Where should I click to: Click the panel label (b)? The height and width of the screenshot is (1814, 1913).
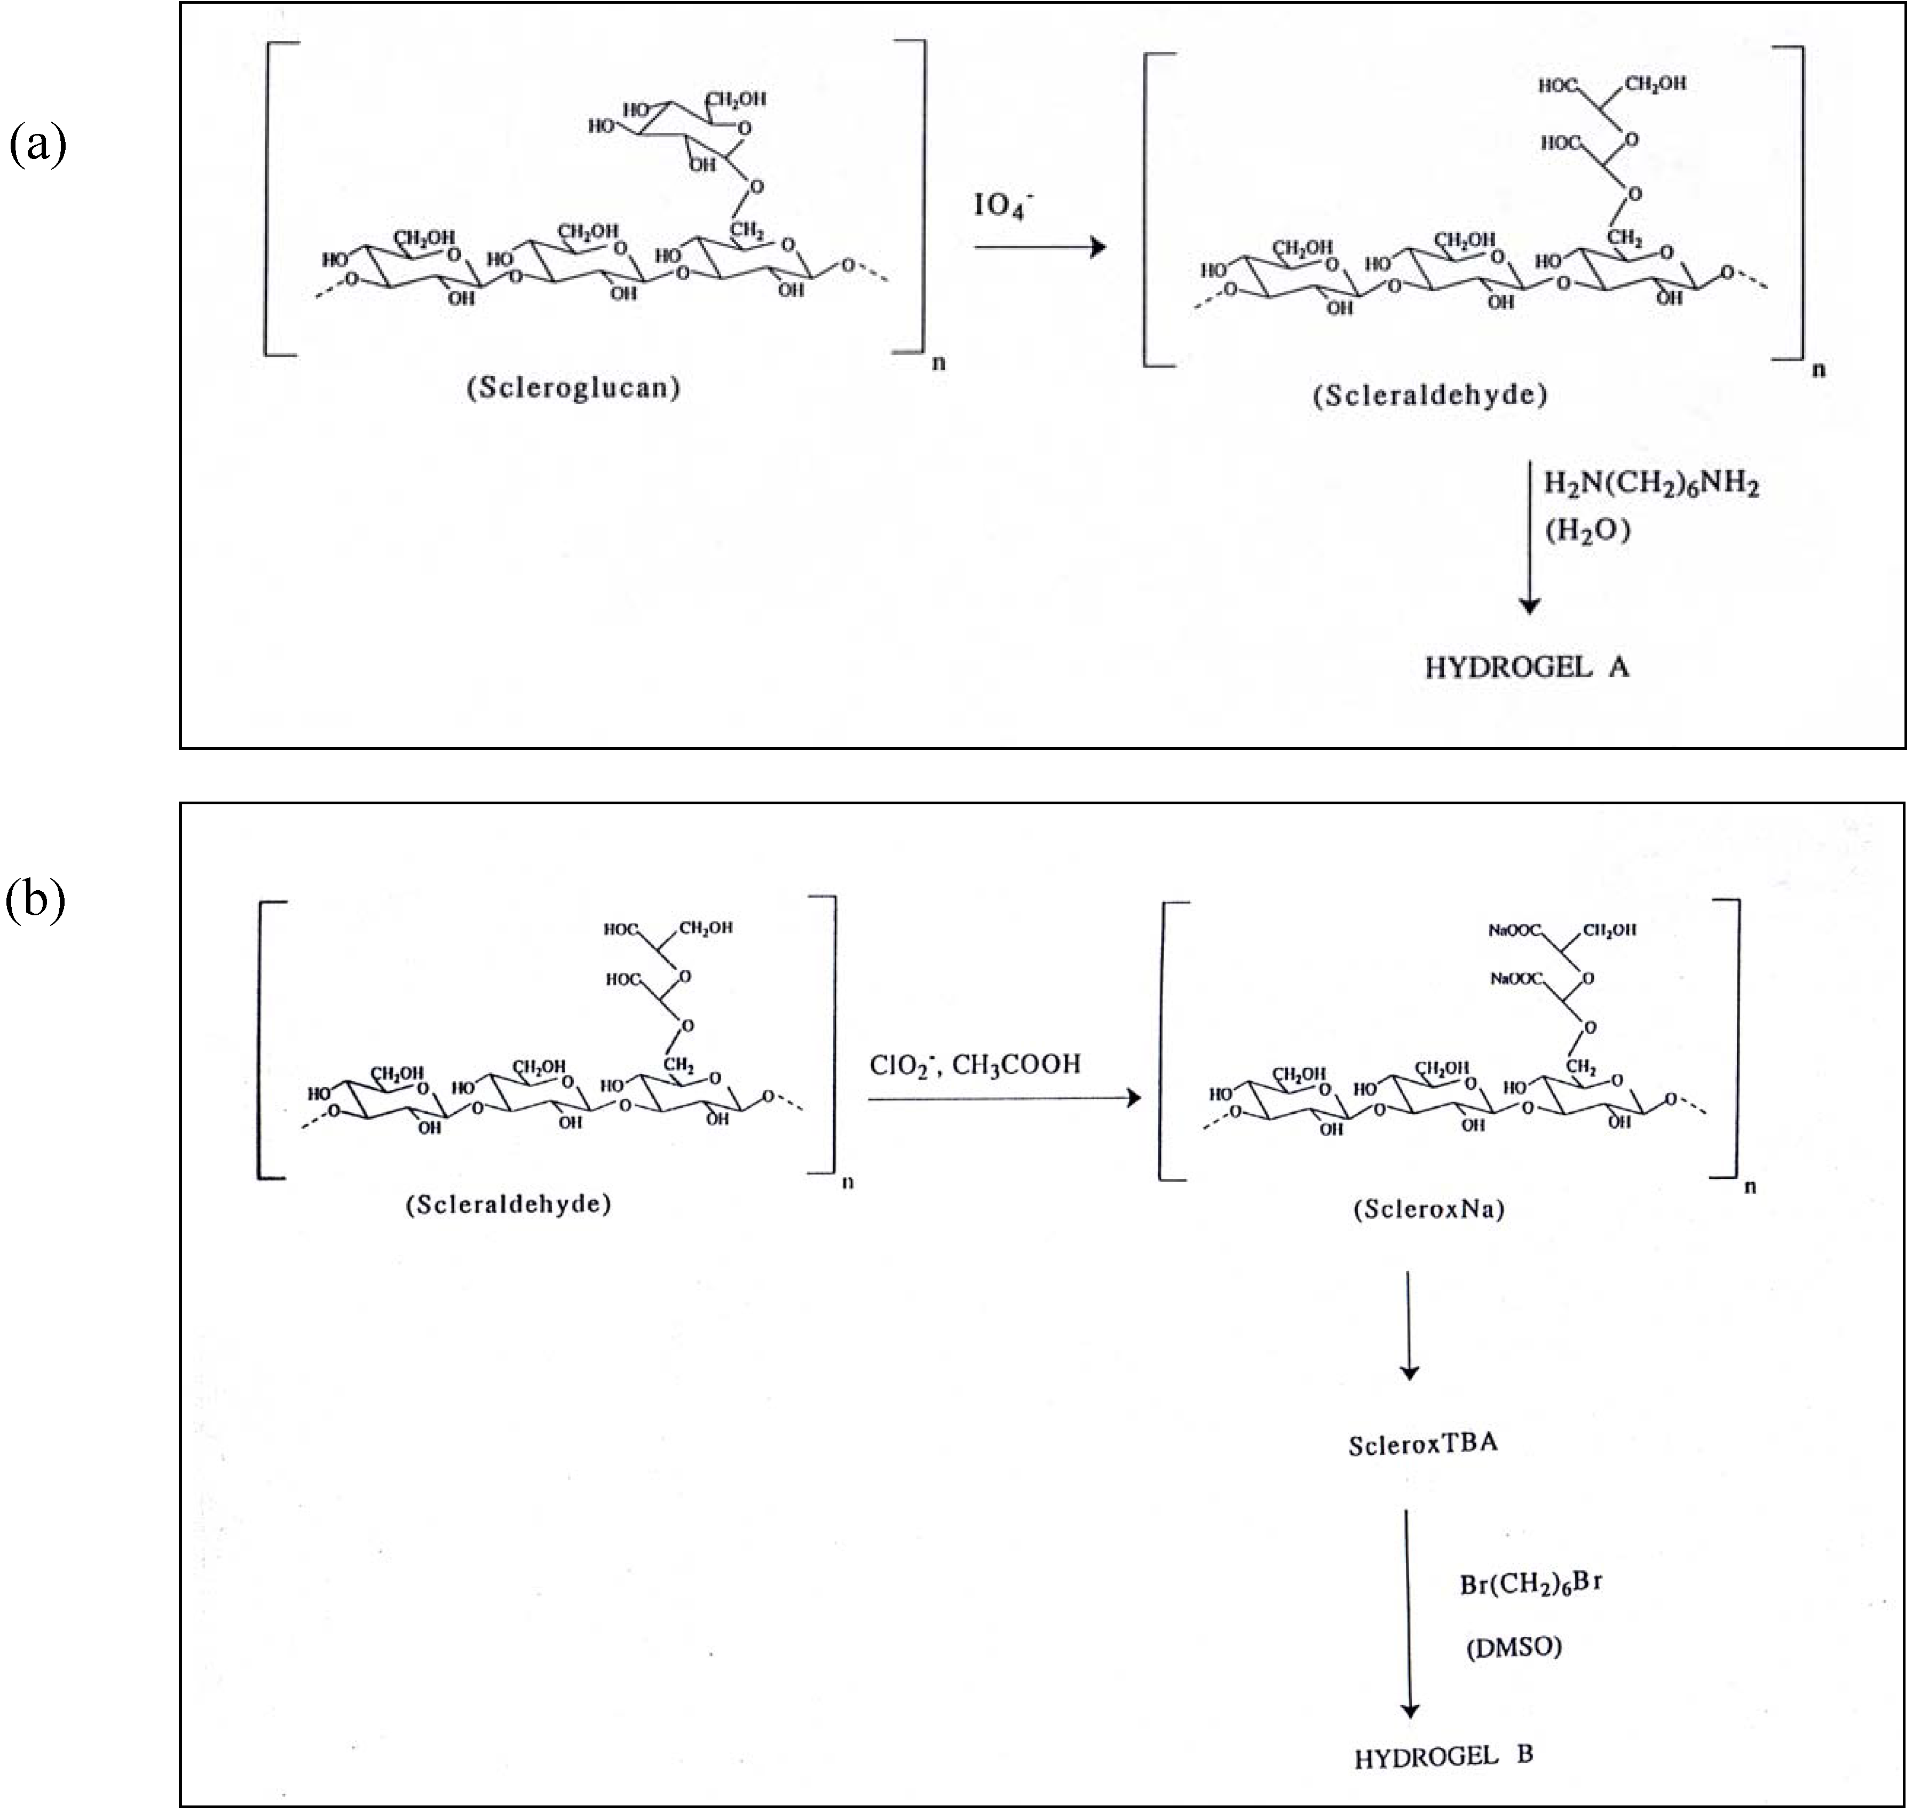click(38, 901)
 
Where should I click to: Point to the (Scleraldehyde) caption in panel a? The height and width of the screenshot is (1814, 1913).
click(1429, 395)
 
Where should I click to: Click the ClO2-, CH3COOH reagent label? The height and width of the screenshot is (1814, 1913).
click(975, 1065)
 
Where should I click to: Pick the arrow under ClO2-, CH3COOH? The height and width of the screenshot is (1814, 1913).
click(1004, 1098)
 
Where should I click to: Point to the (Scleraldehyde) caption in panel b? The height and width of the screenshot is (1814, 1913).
click(509, 1205)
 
